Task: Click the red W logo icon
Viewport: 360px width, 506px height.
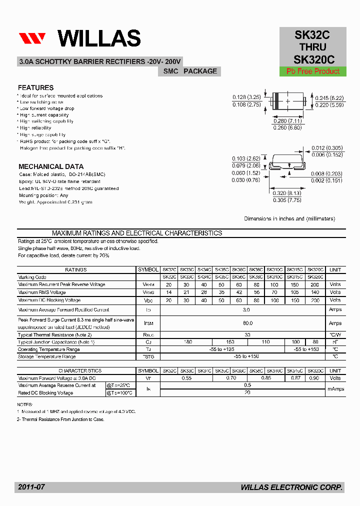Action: [32, 39]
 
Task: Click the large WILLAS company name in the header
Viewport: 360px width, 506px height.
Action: [99, 38]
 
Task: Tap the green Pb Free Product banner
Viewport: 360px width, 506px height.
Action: [313, 71]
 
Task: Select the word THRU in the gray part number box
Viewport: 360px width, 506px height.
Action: [313, 47]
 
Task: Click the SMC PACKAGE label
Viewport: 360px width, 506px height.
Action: [190, 71]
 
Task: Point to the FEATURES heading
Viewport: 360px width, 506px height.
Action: [35, 87]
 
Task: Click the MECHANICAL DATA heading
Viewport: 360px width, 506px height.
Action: [51, 166]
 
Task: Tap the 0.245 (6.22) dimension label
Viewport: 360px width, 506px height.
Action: [329, 98]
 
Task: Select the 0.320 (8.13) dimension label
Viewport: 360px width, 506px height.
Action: [287, 193]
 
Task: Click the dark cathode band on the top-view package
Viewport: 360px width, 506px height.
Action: [275, 101]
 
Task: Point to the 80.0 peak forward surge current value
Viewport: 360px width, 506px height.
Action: [247, 323]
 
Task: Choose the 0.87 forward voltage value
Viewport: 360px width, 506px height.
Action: [295, 378]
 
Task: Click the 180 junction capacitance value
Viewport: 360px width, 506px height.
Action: [187, 342]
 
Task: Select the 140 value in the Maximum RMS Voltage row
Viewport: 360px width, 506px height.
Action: [315, 292]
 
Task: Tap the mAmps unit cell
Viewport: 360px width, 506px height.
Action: [335, 389]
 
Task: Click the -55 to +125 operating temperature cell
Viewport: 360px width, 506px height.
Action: [222, 349]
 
